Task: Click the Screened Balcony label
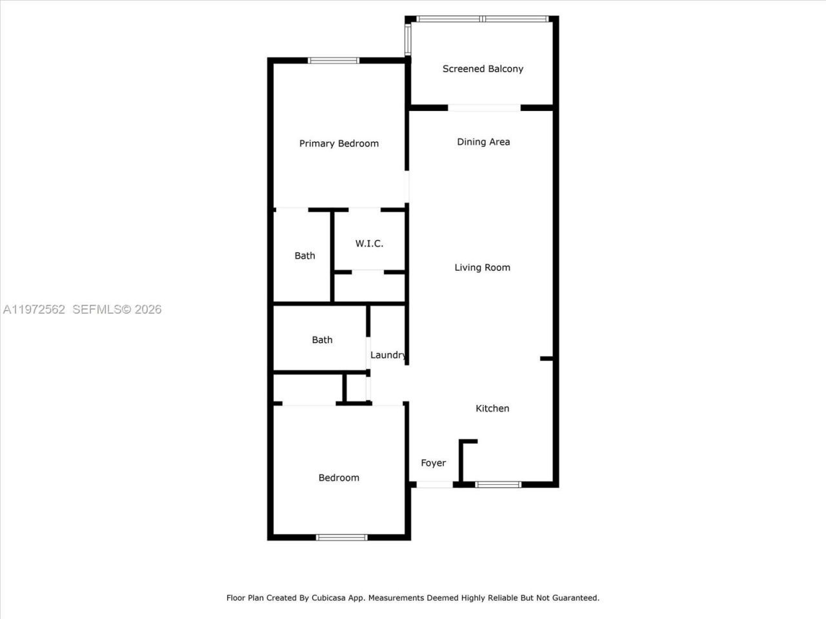[x=483, y=69]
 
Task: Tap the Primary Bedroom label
[x=339, y=144]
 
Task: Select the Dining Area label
[x=483, y=142]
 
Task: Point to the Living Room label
[x=482, y=268]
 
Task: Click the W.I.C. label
[x=369, y=244]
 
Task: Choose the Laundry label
[x=388, y=355]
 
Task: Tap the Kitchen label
[x=492, y=408]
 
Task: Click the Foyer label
[x=433, y=463]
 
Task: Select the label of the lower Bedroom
[x=339, y=478]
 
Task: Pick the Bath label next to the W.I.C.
[x=305, y=256]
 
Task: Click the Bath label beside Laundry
[x=322, y=340]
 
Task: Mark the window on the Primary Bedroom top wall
[x=334, y=61]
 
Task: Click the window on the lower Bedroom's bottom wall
[x=341, y=537]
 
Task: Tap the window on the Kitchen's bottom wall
[x=498, y=484]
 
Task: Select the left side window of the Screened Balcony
[x=408, y=39]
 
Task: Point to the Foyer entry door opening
[x=434, y=484]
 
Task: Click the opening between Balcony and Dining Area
[x=484, y=108]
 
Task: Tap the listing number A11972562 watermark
[x=34, y=309]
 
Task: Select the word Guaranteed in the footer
[x=574, y=598]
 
